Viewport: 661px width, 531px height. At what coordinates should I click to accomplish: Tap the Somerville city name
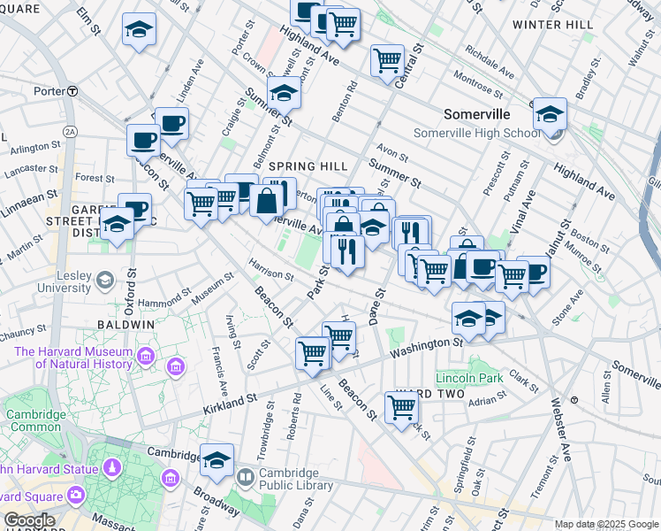pos(477,115)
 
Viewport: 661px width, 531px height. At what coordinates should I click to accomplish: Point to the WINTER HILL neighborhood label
pos(553,25)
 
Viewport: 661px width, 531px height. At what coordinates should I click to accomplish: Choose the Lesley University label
pos(60,281)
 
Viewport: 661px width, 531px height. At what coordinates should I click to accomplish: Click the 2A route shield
pos(70,131)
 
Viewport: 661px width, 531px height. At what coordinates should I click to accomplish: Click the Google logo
pos(28,520)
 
